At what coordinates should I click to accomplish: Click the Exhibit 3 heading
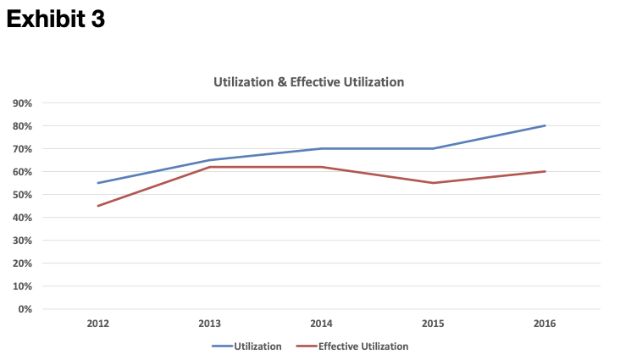(x=56, y=19)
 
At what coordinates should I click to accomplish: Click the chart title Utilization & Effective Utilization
(x=309, y=82)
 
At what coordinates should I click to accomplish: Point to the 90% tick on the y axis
(x=22, y=103)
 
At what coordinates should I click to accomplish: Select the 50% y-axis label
(x=22, y=195)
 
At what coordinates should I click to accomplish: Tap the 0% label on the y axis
(x=25, y=309)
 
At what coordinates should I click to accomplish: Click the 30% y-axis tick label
(x=22, y=241)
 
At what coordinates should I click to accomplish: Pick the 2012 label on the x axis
(x=97, y=324)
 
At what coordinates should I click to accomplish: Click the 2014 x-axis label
(x=321, y=324)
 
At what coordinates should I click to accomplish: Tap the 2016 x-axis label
(x=545, y=324)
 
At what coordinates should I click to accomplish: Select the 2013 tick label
(x=209, y=324)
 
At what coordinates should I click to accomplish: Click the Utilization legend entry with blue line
(x=246, y=346)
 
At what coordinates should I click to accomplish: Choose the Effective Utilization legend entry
(x=352, y=346)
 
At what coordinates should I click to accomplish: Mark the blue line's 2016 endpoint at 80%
(x=545, y=126)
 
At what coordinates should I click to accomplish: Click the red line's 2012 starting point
(x=97, y=206)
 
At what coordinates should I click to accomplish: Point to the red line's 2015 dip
(x=433, y=183)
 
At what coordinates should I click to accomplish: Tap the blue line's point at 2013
(x=209, y=160)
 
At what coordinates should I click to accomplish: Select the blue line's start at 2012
(x=97, y=183)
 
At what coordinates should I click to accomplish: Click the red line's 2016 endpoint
(x=545, y=171)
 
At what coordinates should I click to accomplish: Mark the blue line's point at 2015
(x=433, y=149)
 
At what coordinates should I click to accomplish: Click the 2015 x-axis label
(x=433, y=324)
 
